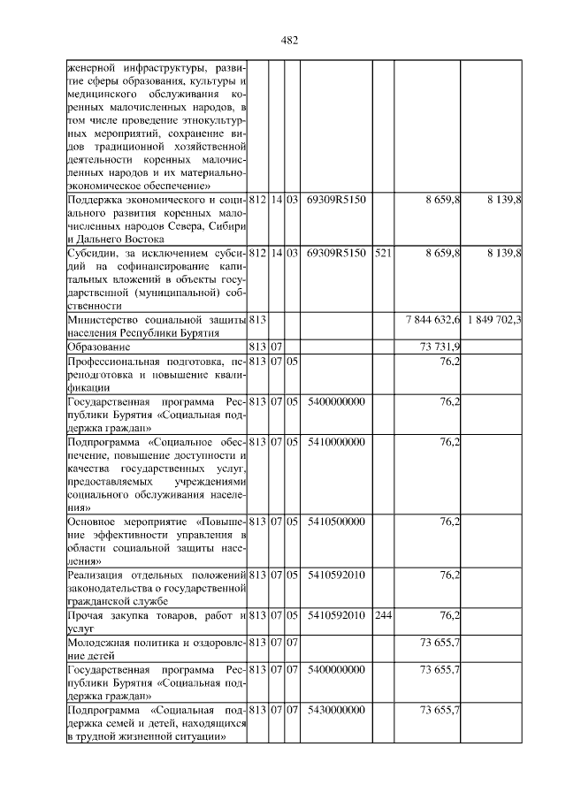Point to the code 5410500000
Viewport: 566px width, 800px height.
335,522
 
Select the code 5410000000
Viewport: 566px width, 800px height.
335,440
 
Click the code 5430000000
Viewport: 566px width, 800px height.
335,709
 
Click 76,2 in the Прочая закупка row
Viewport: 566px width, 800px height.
449,615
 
